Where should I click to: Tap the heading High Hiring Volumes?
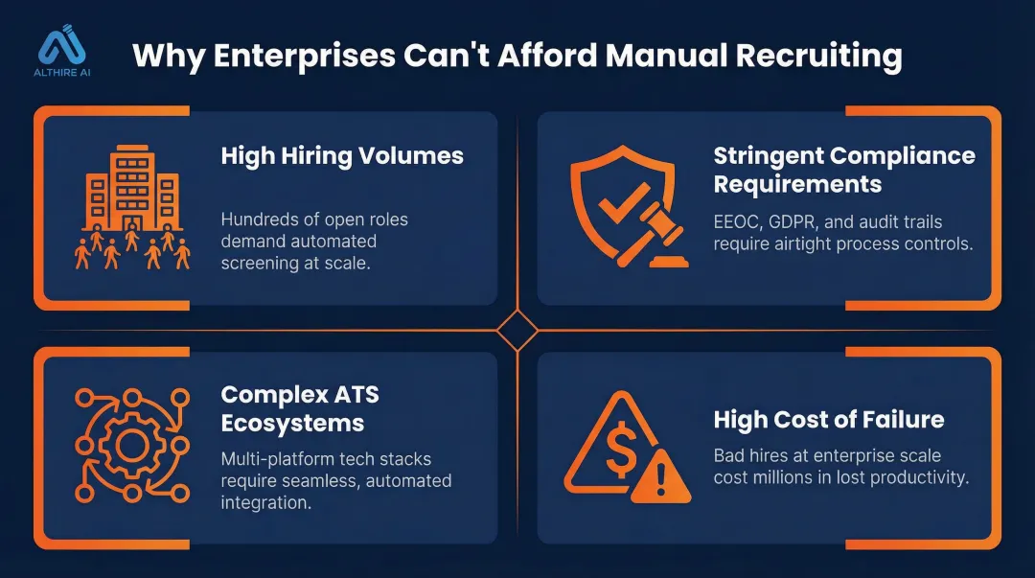point(342,155)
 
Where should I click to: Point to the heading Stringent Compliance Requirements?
point(844,169)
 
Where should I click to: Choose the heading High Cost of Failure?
point(829,419)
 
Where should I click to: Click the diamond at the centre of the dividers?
point(517,332)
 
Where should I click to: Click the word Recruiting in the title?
point(819,56)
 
